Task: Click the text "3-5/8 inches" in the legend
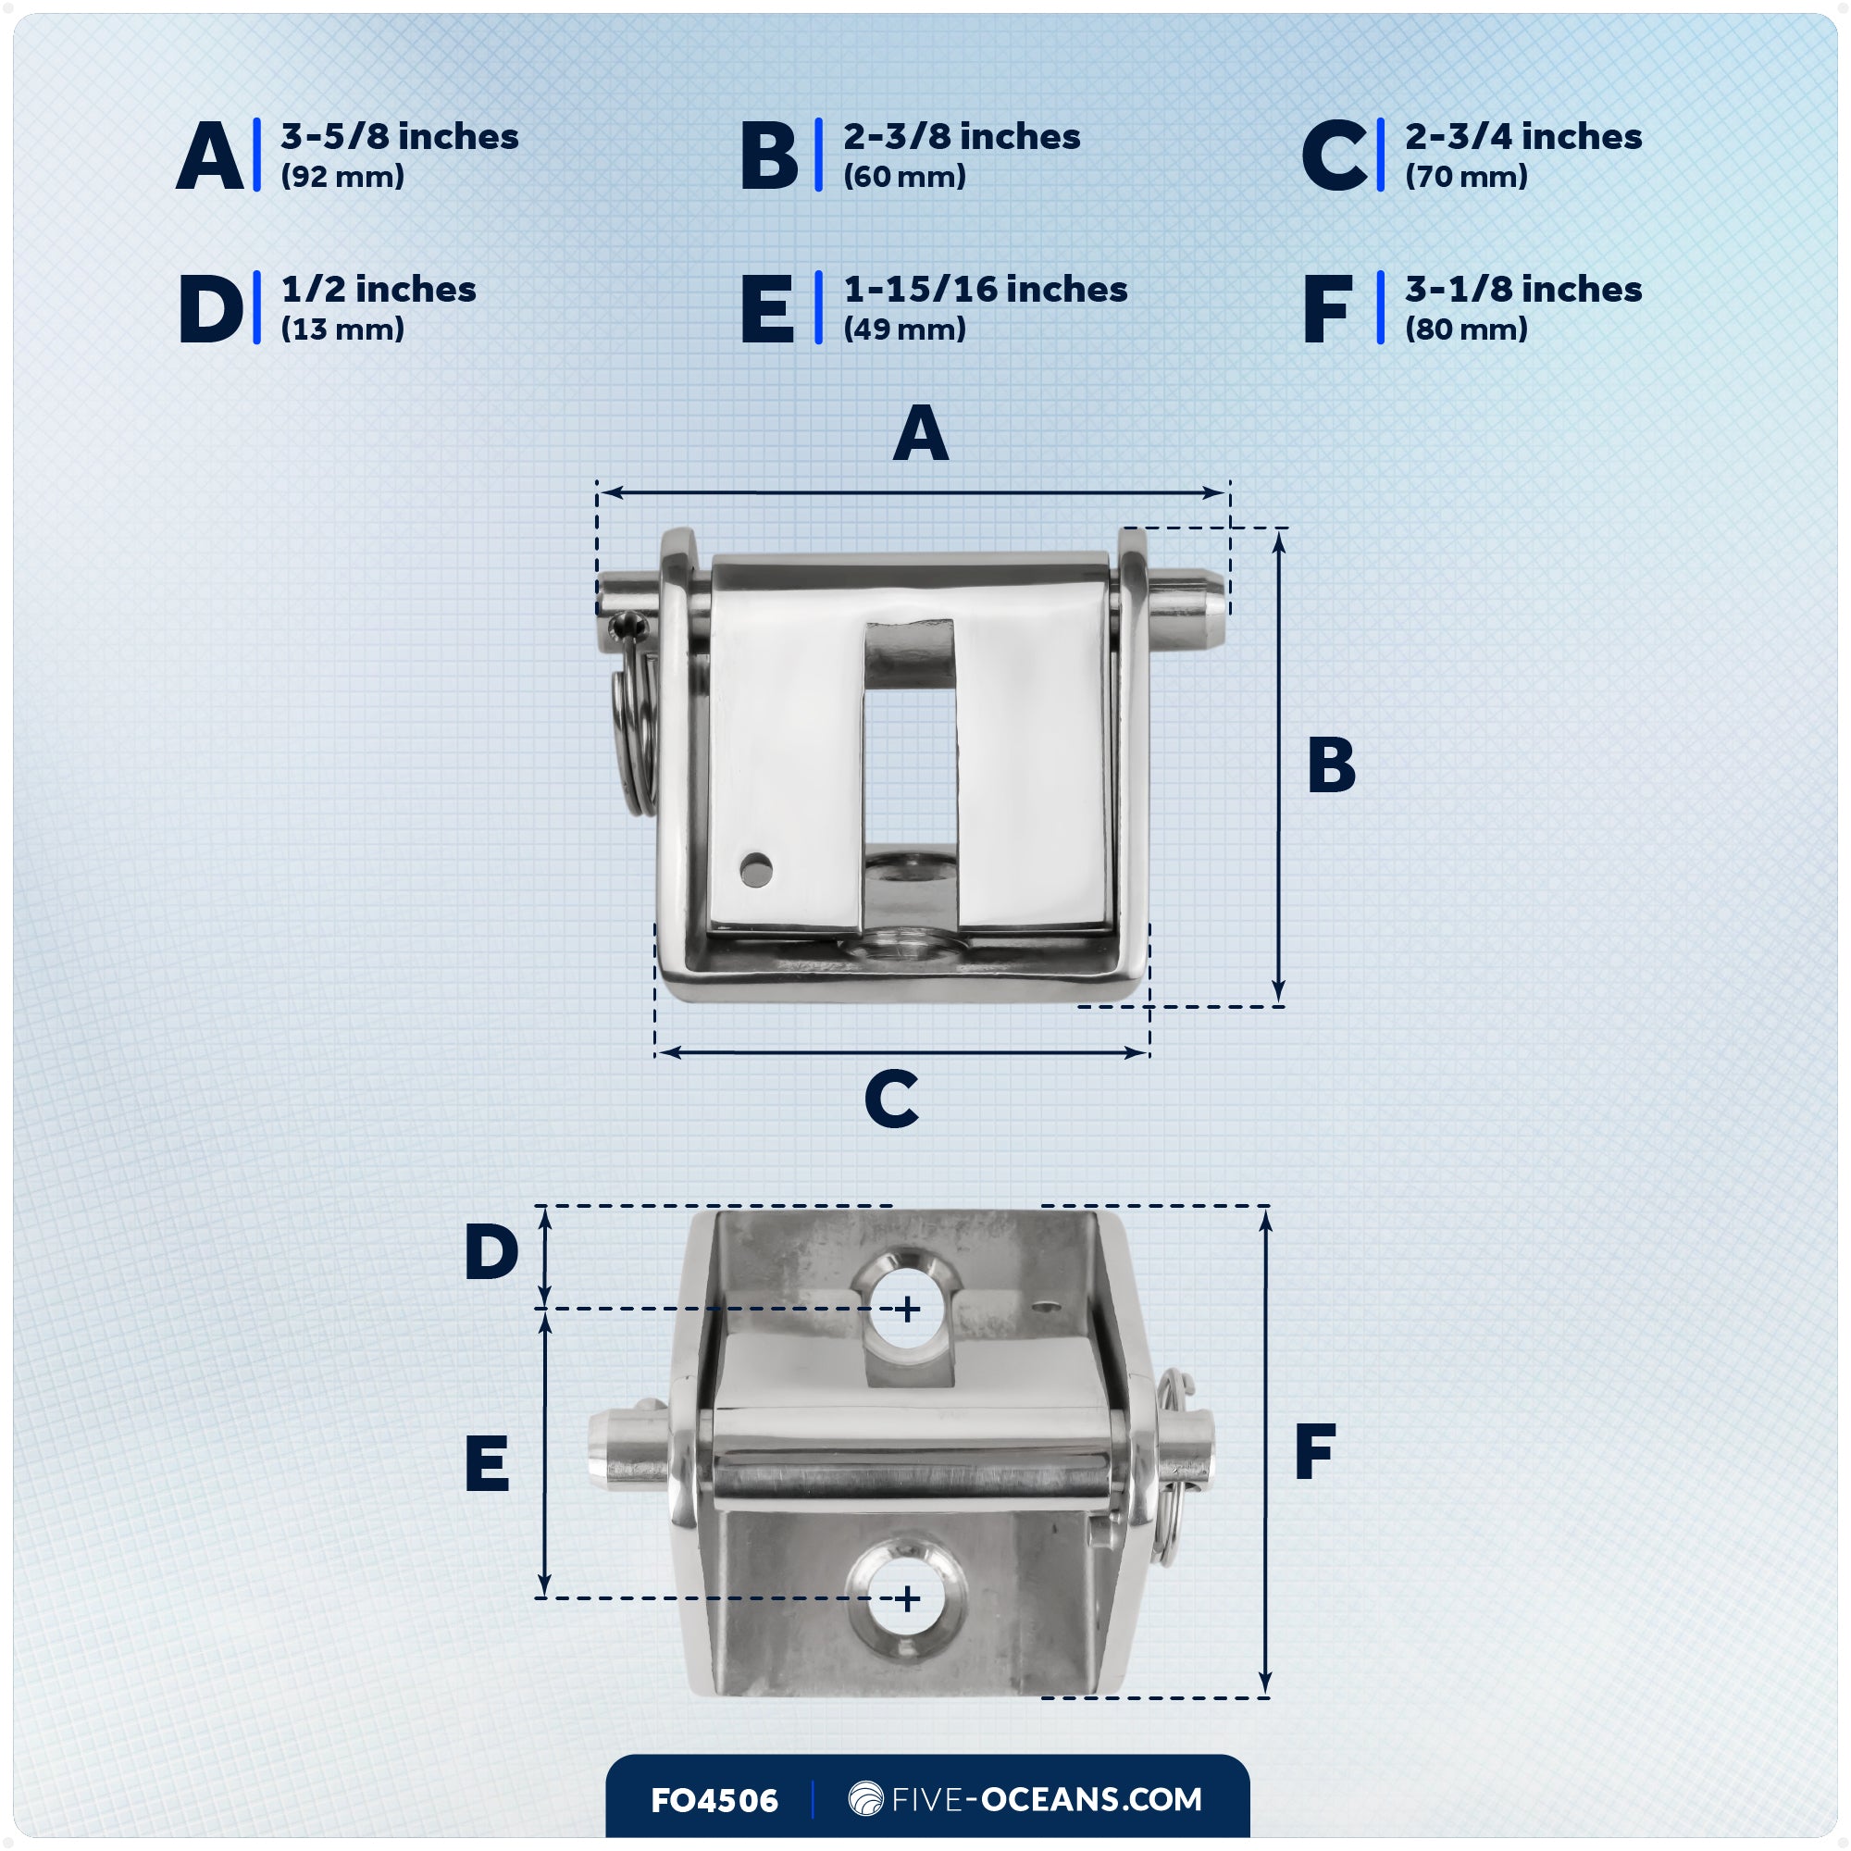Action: [400, 137]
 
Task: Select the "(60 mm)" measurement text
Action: [904, 176]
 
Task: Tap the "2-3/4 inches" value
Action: [1523, 137]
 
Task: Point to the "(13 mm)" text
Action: [342, 329]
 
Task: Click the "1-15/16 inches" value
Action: [985, 290]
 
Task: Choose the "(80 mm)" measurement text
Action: [1466, 329]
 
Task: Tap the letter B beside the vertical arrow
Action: [1332, 764]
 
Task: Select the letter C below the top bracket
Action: [891, 1098]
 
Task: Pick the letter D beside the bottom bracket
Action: [491, 1251]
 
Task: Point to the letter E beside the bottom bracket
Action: [487, 1463]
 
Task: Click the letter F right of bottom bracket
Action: [1315, 1451]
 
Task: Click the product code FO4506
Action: [714, 1801]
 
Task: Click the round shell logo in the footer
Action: [866, 1798]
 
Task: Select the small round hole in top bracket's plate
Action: [756, 870]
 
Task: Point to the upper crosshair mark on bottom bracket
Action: [907, 1309]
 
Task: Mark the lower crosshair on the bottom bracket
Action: [907, 1599]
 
